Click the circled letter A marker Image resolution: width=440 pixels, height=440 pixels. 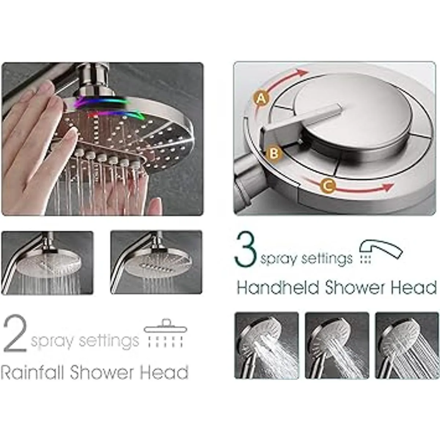point(261,99)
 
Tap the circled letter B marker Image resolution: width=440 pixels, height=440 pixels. point(274,154)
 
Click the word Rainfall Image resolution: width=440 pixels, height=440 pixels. point(32,372)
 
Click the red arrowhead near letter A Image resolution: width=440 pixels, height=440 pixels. point(302,73)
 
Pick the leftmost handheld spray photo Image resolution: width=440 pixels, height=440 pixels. point(267,346)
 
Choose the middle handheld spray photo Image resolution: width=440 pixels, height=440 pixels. point(337,346)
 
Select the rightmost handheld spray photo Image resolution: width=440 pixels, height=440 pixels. point(407,346)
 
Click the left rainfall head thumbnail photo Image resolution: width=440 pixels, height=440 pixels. point(47,263)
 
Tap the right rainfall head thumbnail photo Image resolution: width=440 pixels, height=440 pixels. point(156,263)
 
